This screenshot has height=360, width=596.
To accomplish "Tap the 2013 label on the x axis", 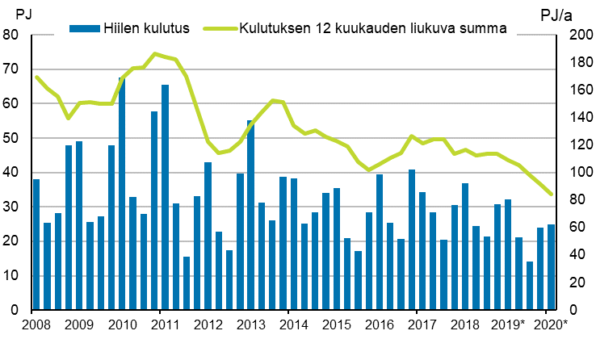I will tap(250, 326).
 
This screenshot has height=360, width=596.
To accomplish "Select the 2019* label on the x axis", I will tap(508, 326).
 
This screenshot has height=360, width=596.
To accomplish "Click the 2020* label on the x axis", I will tap(551, 326).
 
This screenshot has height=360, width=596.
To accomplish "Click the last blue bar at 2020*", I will tap(551, 267).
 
